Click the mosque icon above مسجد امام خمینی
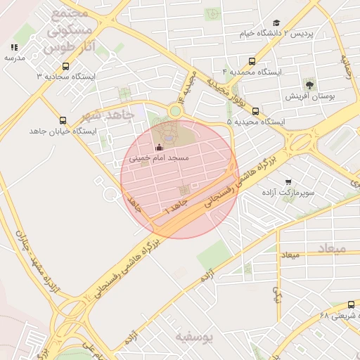click(x=158, y=148)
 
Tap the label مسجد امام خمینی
click(x=159, y=159)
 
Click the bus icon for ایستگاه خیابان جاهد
click(x=63, y=120)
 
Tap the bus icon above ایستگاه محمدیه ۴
click(x=252, y=61)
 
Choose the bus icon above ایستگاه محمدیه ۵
click(x=255, y=111)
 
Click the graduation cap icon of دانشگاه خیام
click(x=276, y=23)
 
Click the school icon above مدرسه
click(x=14, y=47)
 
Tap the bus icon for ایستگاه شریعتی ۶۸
click(x=351, y=304)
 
